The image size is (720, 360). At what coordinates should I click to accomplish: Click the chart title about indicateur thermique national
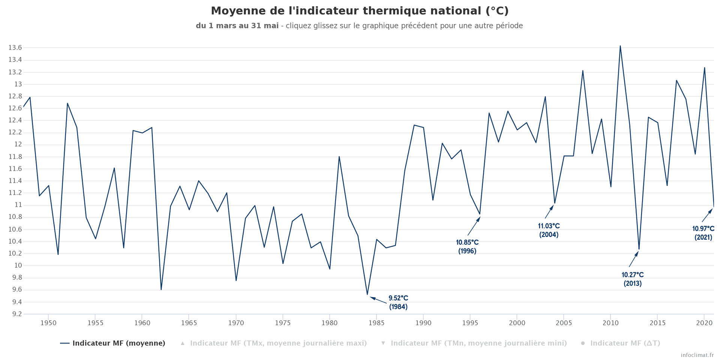point(360,11)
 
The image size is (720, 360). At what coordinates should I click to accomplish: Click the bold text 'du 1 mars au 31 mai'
point(237,26)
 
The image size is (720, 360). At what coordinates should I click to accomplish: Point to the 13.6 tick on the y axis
point(15,48)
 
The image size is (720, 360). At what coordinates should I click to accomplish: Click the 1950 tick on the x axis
point(48,323)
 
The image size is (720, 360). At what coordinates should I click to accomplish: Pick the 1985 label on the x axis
point(376,323)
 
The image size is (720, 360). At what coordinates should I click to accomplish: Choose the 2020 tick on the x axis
point(704,323)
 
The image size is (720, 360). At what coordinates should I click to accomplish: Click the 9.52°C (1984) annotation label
point(398,302)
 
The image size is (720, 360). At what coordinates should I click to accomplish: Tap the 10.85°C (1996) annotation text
point(467,247)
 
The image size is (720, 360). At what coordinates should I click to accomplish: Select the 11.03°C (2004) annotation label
point(549,230)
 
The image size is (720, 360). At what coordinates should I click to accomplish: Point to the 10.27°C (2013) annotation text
point(633,279)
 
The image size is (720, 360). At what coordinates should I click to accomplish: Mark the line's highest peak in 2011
point(620,46)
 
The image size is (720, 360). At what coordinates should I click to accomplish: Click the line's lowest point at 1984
point(367,294)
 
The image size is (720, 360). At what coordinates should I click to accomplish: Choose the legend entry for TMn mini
point(478,343)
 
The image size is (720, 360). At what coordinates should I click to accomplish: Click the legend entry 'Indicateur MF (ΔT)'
point(625,343)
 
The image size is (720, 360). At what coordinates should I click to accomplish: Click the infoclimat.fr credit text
point(697,355)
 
